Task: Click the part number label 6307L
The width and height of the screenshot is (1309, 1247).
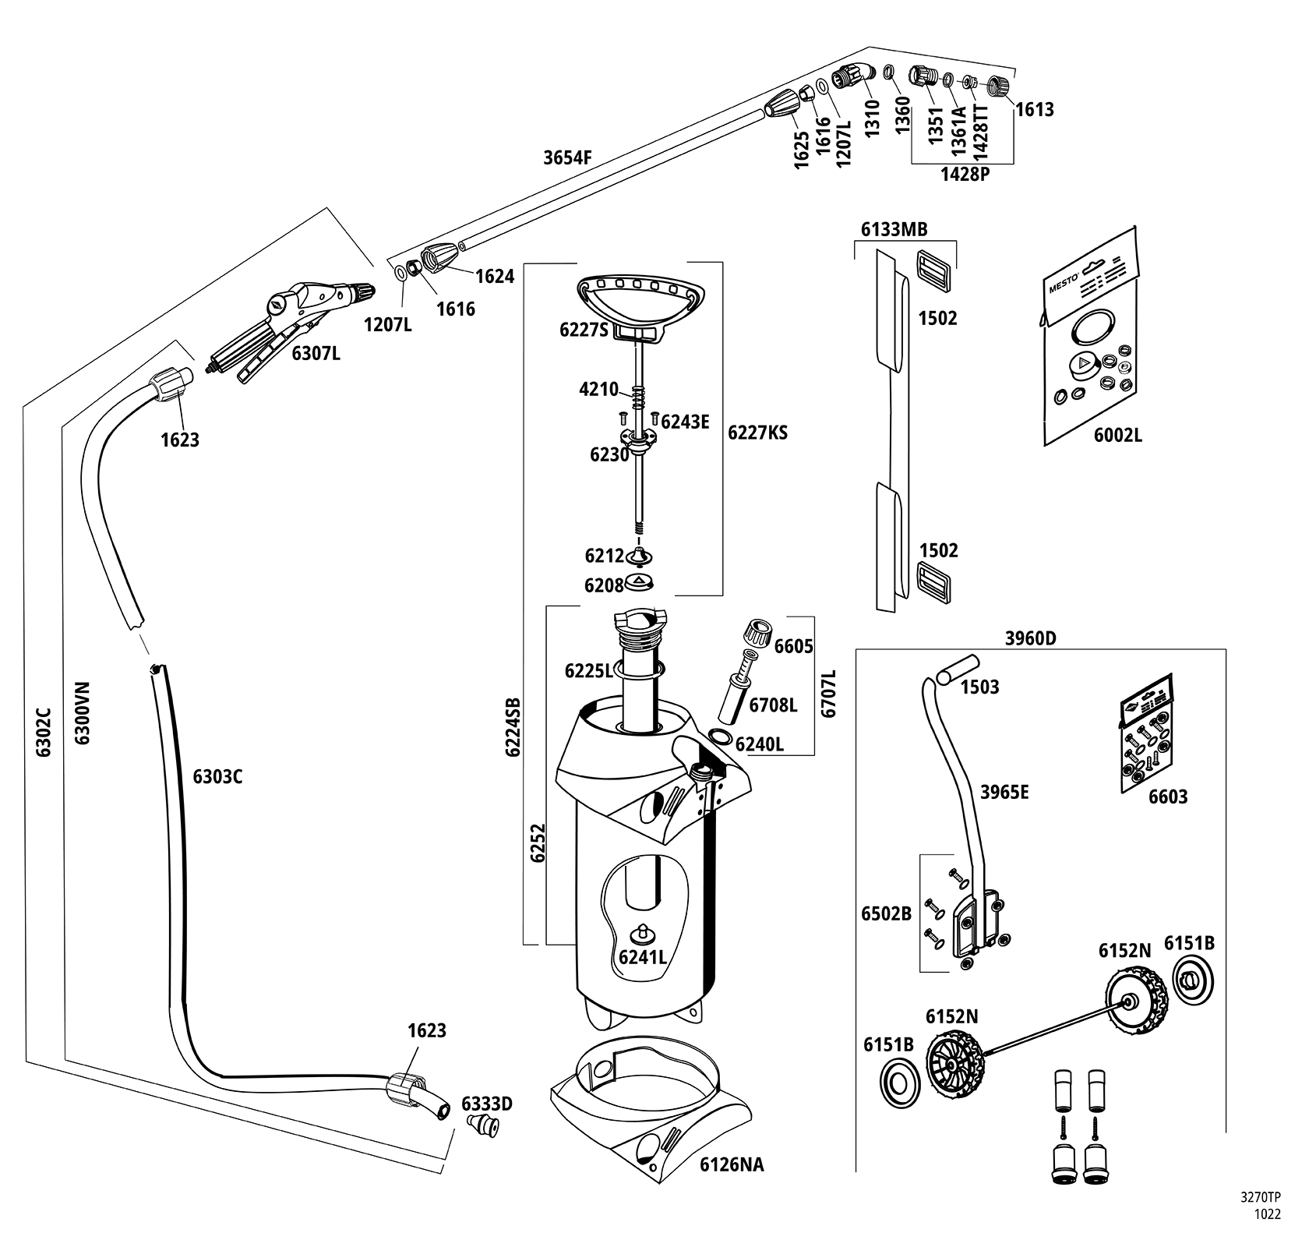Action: click(x=316, y=353)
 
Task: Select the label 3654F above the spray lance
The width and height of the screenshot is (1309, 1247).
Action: click(x=568, y=157)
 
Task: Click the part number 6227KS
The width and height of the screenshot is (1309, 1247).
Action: click(x=757, y=433)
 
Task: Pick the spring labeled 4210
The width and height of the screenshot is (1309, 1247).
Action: click(x=639, y=397)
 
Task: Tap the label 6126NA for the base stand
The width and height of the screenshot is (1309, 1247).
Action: click(x=732, y=1164)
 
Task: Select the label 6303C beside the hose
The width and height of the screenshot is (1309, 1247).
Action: click(x=217, y=776)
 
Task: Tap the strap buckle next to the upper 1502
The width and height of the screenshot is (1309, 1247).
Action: click(x=933, y=270)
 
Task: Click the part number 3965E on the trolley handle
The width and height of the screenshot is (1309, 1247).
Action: click(x=1004, y=792)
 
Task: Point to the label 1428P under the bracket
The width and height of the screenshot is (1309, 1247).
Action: click(x=964, y=174)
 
